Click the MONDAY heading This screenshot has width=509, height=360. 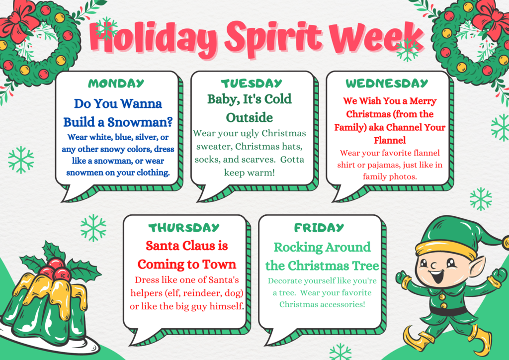[116, 84]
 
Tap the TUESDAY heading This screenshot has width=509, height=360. [252, 84]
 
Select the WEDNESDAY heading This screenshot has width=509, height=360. [387, 84]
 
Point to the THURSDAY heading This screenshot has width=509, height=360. [184, 228]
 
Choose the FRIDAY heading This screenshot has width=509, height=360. [319, 228]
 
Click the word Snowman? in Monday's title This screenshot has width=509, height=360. [140, 122]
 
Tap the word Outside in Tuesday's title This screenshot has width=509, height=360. [250, 117]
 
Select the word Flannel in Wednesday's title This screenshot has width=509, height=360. [390, 140]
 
